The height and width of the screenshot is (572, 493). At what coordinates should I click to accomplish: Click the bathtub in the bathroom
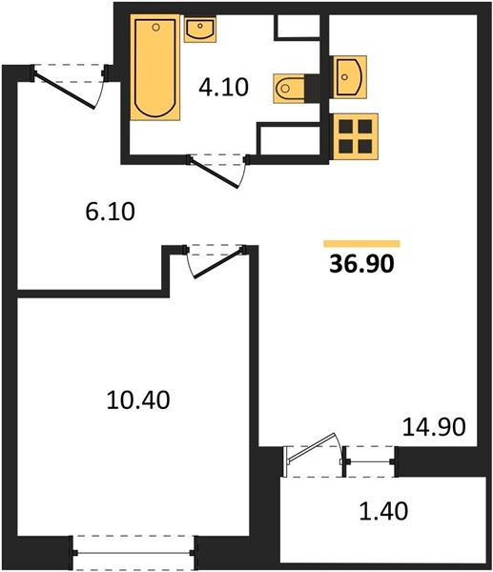(x=155, y=68)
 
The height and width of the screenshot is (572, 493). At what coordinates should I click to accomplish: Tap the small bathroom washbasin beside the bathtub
(x=199, y=30)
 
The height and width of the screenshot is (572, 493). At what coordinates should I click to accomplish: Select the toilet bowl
(x=289, y=88)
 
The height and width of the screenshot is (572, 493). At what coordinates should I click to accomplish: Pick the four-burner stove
(x=355, y=136)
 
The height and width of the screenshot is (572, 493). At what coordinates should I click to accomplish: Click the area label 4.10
(x=224, y=87)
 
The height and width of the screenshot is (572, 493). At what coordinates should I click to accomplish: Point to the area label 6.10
(x=111, y=212)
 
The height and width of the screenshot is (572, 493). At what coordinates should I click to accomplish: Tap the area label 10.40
(x=138, y=399)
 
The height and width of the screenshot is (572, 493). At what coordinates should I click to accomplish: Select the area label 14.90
(x=434, y=427)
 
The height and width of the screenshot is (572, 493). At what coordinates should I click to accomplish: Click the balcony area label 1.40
(x=383, y=511)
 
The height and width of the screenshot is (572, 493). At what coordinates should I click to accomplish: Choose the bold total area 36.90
(x=361, y=264)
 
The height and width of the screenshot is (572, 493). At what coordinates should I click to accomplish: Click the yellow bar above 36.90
(x=361, y=244)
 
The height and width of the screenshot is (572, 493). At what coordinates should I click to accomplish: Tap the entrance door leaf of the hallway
(x=65, y=90)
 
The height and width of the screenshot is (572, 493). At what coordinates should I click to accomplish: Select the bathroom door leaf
(x=215, y=174)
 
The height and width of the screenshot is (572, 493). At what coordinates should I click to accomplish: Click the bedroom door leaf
(x=218, y=263)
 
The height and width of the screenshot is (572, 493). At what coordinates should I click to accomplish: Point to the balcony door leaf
(x=311, y=447)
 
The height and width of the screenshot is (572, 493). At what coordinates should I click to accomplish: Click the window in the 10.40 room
(x=134, y=553)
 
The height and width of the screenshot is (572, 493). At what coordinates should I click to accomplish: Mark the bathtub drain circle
(x=155, y=27)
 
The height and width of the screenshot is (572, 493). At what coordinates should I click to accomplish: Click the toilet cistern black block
(x=312, y=88)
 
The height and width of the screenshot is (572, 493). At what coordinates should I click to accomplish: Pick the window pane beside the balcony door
(x=370, y=461)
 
